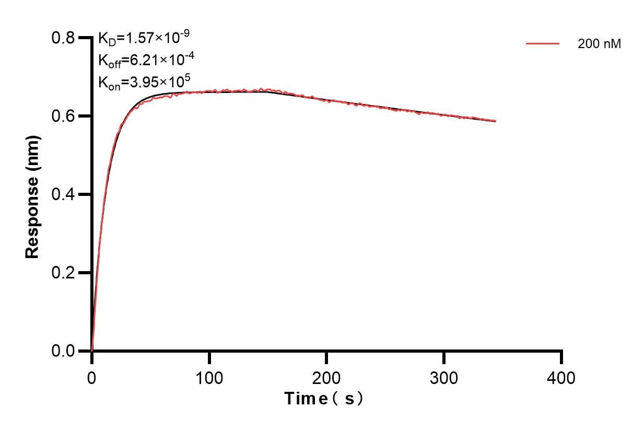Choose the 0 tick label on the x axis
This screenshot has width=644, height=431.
92,377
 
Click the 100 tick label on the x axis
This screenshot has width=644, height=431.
209,377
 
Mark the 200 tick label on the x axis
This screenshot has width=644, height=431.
326,377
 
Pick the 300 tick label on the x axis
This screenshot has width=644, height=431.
444,377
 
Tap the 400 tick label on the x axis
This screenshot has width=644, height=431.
561,377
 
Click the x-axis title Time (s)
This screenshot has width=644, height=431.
324,399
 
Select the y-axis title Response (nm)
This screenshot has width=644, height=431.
32,195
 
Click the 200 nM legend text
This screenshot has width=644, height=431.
599,44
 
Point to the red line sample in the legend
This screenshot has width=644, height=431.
543,44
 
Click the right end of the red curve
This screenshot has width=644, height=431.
495,121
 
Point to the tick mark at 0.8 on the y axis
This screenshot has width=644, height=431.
84,38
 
